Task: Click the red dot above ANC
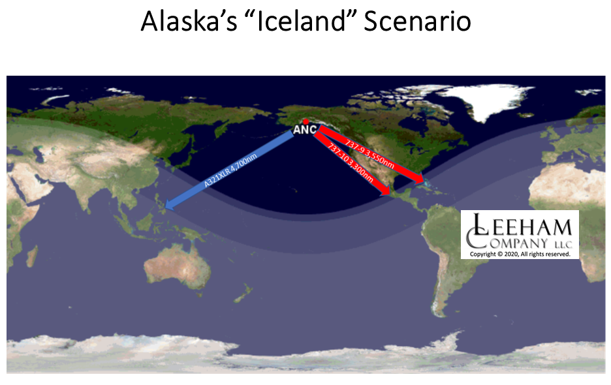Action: pos(306,122)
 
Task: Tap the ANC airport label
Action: pos(305,130)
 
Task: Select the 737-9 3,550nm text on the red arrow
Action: pos(369,155)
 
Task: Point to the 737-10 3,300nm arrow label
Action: pos(351,163)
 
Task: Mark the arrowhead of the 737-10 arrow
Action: pos(385,190)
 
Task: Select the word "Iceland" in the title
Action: pos(300,21)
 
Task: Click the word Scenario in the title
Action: pos(417,21)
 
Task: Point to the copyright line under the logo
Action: pos(520,254)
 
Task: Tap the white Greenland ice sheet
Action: pos(483,99)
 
